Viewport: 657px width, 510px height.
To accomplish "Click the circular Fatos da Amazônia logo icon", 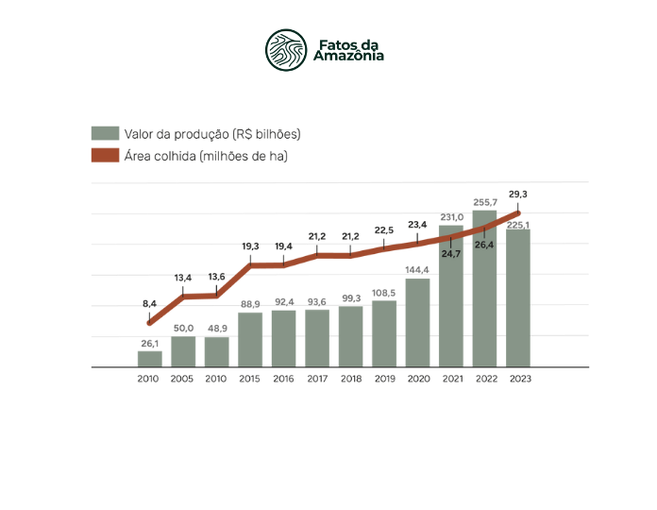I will (x=286, y=50).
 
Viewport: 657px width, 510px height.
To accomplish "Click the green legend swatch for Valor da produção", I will (x=105, y=133).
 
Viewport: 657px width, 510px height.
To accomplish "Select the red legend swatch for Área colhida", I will (x=105, y=156).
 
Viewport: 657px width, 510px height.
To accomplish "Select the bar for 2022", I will (x=484, y=288).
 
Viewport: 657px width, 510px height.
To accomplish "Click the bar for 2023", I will (x=518, y=297).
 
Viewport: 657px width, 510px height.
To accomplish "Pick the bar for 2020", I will (x=417, y=322).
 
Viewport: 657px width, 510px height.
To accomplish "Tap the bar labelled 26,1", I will (x=149, y=359).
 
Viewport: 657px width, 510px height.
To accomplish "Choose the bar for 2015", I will (x=250, y=339).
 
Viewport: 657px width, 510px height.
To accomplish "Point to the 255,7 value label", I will (x=484, y=202).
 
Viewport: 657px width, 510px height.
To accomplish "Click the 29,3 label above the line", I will (x=517, y=194).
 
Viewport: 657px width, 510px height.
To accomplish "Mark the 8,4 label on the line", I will (x=149, y=303).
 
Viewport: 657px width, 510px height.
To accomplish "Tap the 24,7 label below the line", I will (x=451, y=254).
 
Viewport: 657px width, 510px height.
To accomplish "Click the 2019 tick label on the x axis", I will (x=384, y=378).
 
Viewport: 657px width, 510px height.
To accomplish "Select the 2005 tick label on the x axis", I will (x=183, y=378).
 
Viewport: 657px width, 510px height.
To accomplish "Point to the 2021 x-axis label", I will (x=451, y=378).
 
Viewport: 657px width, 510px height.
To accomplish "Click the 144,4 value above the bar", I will (x=417, y=270).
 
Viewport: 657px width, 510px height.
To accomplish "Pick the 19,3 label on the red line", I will (x=250, y=246).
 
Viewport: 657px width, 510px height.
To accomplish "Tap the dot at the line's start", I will (x=149, y=323).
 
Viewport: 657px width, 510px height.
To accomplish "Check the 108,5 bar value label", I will (x=384, y=293).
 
